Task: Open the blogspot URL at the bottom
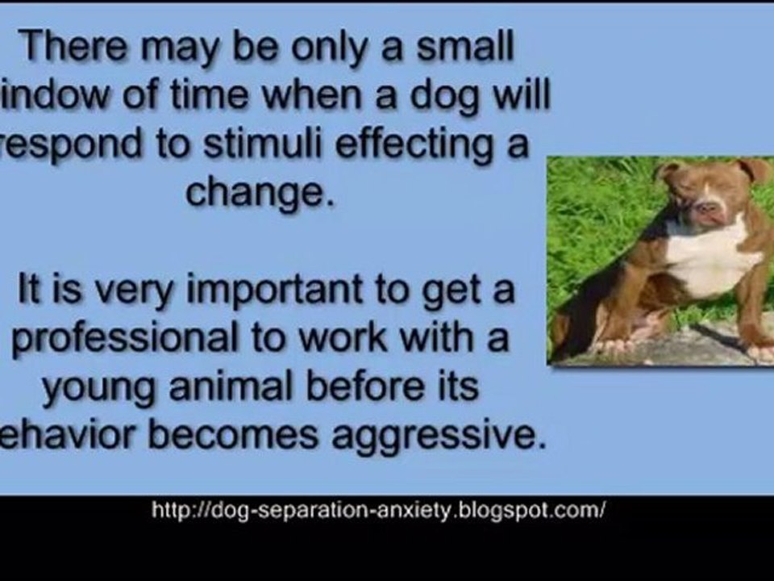click(x=377, y=511)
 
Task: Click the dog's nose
click(x=708, y=210)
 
